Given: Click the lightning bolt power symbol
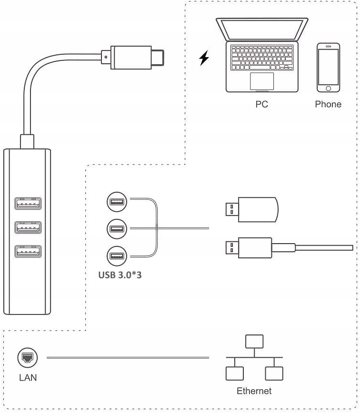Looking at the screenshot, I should [204, 59].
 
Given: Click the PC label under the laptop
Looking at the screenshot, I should [262, 104].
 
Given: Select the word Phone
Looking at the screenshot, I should [328, 104].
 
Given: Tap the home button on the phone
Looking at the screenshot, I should [329, 88].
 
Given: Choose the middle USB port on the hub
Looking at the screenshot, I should [28, 227].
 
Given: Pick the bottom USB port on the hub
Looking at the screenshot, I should [28, 250].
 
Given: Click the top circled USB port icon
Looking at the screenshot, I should [117, 201].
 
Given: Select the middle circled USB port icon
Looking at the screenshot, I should [117, 229].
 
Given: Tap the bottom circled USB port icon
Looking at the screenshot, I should [117, 257].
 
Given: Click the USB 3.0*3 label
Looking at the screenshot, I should [120, 275].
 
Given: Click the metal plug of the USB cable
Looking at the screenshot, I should [231, 248].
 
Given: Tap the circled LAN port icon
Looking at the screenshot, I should [27, 358].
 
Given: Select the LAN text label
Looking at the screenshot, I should [28, 378].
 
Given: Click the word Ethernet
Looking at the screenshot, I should [254, 391].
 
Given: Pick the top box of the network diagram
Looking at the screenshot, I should [254, 342].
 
